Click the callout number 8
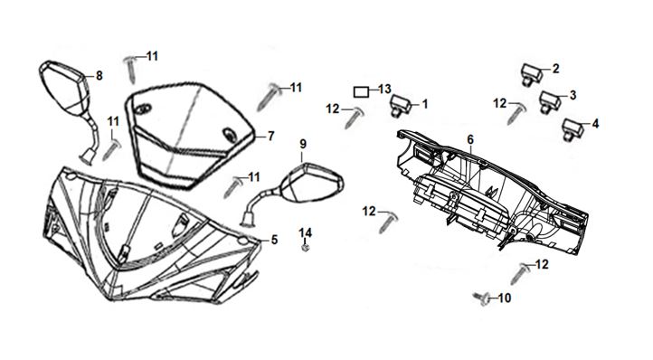99,75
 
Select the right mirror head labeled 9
312,183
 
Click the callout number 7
270,136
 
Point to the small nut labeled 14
306,248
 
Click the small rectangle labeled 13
361,91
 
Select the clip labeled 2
532,75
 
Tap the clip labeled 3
550,101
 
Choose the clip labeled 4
573,129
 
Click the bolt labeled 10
481,298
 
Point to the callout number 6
470,139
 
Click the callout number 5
274,240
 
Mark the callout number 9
303,144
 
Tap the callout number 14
306,232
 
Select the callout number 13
384,89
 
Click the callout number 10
505,298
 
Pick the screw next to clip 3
516,113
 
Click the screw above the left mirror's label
131,69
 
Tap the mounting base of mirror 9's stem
248,219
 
